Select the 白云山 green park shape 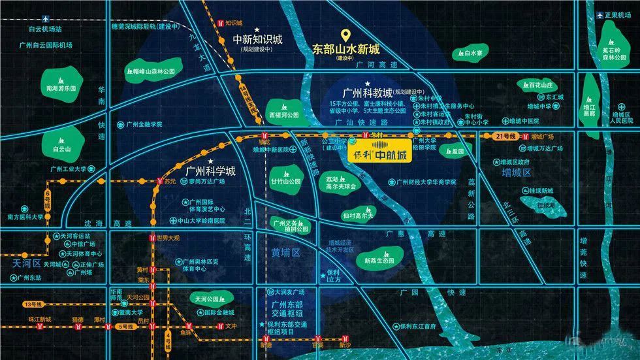62,145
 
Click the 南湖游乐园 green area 59,87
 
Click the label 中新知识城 257,39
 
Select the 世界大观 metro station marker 152,239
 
